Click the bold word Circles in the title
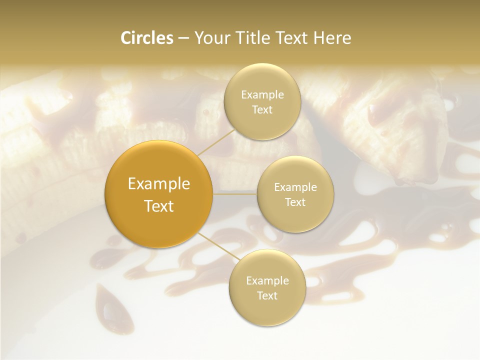pyautogui.click(x=147, y=38)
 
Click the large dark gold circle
pyautogui.click(x=159, y=194)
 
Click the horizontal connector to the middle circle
pyautogui.click(x=235, y=194)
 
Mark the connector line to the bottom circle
pyautogui.click(x=215, y=248)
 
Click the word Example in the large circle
pyautogui.click(x=159, y=184)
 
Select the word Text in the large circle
pyautogui.click(x=159, y=206)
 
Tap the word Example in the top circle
pyautogui.click(x=262, y=95)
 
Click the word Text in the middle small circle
pyautogui.click(x=295, y=202)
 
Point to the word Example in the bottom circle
pyautogui.click(x=267, y=281)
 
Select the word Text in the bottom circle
pyautogui.click(x=267, y=296)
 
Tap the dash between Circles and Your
pyautogui.click(x=183, y=38)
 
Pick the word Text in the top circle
pyautogui.click(x=262, y=110)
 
